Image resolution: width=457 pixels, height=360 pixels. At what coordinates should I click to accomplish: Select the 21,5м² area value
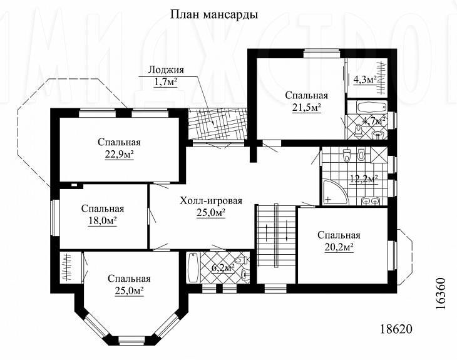[x=307, y=107]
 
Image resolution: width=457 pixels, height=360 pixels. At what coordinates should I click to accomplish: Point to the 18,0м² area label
[x=102, y=220]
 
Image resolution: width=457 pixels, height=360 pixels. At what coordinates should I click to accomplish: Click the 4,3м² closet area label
[x=364, y=80]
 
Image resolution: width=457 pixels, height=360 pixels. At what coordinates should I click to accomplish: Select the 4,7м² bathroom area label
[x=374, y=120]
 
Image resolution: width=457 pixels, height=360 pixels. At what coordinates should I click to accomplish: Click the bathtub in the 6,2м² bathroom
[x=193, y=269]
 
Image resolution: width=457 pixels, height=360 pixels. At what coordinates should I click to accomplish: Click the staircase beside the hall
[x=275, y=236]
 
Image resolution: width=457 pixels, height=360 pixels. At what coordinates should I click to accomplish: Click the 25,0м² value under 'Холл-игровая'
[x=211, y=213]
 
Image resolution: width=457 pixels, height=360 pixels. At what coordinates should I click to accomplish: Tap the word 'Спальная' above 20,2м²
[x=338, y=235]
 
